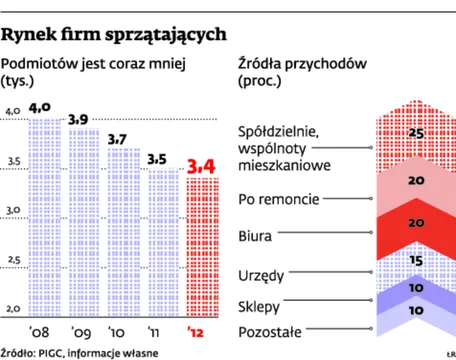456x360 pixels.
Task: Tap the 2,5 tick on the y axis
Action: pos(15,261)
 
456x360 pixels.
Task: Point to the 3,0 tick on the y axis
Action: pos(15,210)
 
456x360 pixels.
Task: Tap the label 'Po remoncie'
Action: pos(279,198)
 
